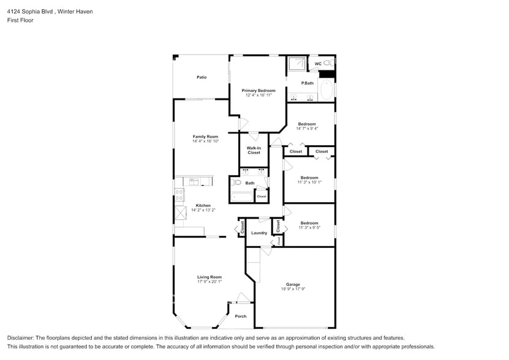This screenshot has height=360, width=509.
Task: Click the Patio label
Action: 202,77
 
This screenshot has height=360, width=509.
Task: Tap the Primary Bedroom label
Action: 258,91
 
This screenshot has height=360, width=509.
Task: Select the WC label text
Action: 318,64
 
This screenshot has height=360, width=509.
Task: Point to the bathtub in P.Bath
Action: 326,90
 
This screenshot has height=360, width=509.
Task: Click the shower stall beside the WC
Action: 296,64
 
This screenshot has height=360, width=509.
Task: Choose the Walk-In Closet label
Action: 254,150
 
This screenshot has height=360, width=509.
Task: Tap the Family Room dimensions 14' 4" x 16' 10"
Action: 205,141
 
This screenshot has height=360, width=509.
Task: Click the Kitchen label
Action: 203,206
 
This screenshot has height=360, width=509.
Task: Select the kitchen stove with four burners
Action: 179,195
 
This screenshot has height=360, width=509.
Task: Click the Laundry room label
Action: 259,233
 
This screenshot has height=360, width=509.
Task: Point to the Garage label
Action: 293,284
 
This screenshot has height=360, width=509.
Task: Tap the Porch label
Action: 241,316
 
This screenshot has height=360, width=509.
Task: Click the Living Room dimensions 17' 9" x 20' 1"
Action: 209,282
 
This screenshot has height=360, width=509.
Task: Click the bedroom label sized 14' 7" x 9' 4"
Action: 307,124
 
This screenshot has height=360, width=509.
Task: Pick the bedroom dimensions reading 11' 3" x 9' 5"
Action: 309,228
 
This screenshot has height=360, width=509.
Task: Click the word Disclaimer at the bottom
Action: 20,338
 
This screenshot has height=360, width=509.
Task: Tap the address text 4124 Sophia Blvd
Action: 30,12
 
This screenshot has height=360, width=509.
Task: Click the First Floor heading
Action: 20,20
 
